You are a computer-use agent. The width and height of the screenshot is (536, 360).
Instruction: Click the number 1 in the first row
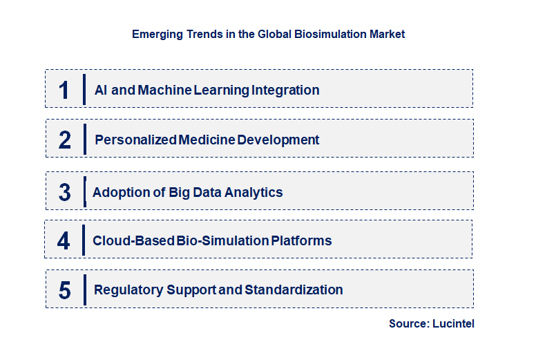pyautogui.click(x=64, y=90)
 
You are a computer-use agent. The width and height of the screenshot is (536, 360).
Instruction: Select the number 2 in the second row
pyautogui.click(x=65, y=140)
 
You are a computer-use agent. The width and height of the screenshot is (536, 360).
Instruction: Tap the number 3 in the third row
pyautogui.click(x=64, y=193)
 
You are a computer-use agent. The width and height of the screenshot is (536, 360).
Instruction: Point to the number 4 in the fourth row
pyautogui.click(x=64, y=241)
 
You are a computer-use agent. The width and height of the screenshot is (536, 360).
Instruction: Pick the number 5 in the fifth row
pyautogui.click(x=64, y=290)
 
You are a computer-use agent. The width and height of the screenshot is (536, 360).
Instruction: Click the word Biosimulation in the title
pyautogui.click(x=334, y=34)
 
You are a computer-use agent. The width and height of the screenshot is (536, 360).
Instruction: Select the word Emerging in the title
pyautogui.click(x=157, y=34)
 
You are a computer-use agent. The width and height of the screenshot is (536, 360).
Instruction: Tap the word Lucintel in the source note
pyautogui.click(x=454, y=323)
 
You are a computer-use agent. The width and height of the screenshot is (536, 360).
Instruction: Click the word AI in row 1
pyautogui.click(x=102, y=90)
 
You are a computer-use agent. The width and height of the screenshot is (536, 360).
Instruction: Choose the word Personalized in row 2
pyautogui.click(x=135, y=140)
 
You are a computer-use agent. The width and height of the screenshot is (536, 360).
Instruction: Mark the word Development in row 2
pyautogui.click(x=278, y=140)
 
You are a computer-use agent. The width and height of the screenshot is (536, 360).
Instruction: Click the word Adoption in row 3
pyautogui.click(x=119, y=192)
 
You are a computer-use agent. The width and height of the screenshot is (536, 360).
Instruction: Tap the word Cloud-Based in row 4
pyautogui.click(x=132, y=240)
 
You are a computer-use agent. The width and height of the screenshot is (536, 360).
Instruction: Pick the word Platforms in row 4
pyautogui.click(x=301, y=240)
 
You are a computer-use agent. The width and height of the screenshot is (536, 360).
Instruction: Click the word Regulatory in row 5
pyautogui.click(x=128, y=290)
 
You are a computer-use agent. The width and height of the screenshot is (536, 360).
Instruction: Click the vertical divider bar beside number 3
pyautogui.click(x=84, y=192)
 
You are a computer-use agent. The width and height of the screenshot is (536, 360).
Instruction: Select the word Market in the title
pyautogui.click(x=388, y=34)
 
